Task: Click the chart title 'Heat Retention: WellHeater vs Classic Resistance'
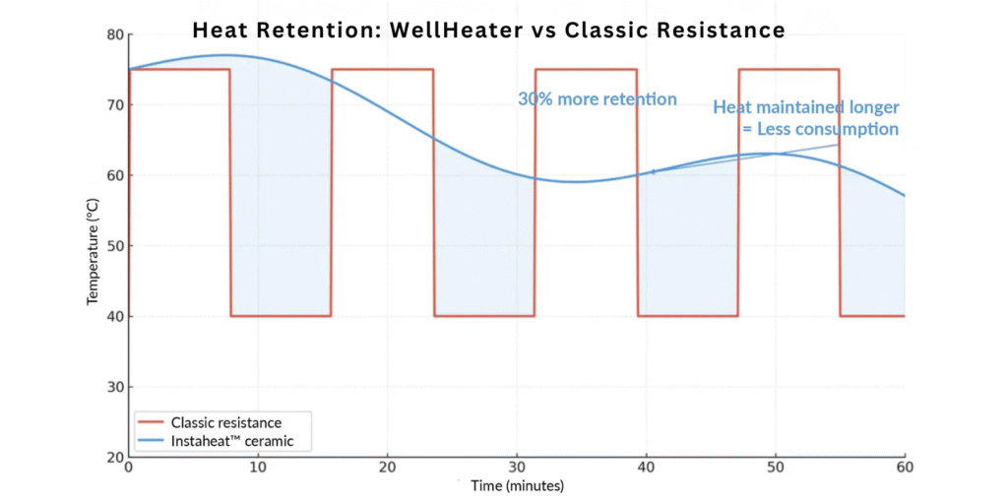[489, 30]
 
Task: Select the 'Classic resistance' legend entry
[225, 422]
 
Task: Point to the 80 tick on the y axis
[114, 35]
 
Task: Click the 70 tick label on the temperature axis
[114, 105]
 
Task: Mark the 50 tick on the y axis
[114, 246]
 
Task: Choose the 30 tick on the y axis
[114, 387]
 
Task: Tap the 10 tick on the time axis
[258, 466]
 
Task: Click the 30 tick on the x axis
[517, 466]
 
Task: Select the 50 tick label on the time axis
[776, 466]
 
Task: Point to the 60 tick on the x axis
[904, 466]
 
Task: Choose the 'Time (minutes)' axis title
[516, 485]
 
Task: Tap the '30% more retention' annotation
[598, 99]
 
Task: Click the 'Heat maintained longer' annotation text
[806, 107]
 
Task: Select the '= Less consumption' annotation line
[819, 129]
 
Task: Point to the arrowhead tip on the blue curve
[650, 172]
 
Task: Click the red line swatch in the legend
[150, 422]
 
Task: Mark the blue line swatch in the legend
[150, 442]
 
